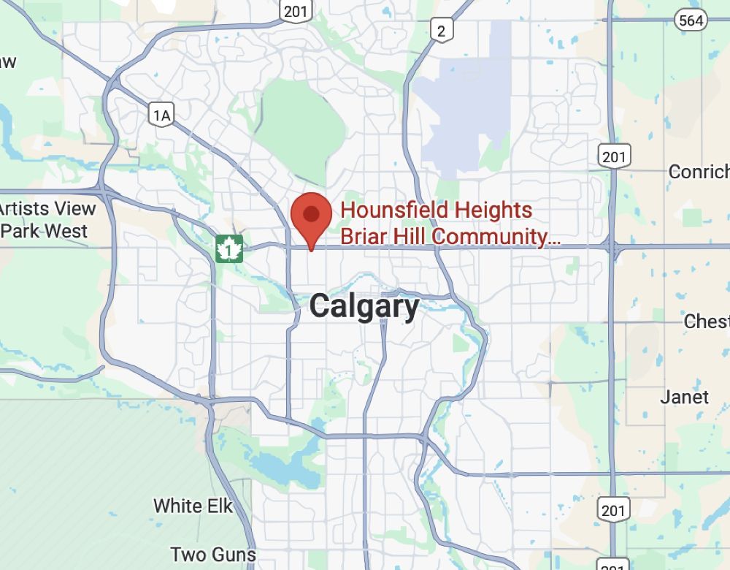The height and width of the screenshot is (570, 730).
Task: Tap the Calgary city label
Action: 364,306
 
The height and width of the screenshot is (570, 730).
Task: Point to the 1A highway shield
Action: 162,114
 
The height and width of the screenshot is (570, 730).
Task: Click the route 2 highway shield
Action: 442,30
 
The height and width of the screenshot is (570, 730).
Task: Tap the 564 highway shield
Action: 691,20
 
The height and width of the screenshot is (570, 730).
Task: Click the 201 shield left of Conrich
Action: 614,155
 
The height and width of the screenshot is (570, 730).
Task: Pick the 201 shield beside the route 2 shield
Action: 296,11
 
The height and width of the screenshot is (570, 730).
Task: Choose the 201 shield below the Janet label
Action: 613,509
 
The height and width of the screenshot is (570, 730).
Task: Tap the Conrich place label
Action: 699,172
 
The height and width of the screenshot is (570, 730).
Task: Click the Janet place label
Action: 684,397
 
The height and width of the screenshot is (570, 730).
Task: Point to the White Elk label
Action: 193,505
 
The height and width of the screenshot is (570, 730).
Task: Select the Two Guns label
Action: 213,554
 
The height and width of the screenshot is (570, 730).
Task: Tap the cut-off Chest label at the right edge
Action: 707,321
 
